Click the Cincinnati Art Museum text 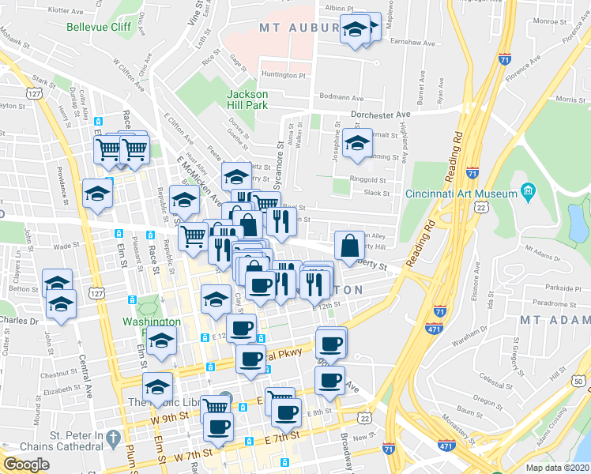(461, 194)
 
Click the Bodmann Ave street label (341, 99)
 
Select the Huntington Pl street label (284, 76)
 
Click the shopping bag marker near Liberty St (348, 245)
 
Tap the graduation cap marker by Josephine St (357, 144)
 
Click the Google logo (25, 465)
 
